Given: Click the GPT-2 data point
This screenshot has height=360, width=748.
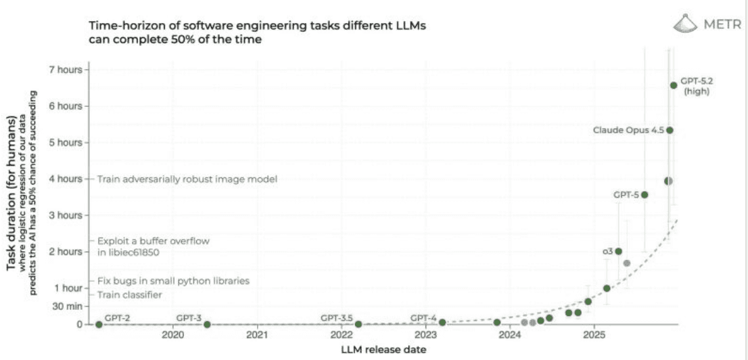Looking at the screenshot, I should click(99, 324).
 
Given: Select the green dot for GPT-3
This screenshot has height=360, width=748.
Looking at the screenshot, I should click(207, 324).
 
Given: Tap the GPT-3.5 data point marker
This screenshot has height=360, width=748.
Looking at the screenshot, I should click(358, 324).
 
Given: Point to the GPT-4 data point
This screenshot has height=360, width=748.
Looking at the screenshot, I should click(442, 323).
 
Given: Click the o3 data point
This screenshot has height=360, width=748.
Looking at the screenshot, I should click(618, 251).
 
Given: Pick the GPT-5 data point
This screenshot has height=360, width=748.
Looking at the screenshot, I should click(645, 195).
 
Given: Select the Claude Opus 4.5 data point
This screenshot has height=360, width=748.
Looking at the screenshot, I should click(670, 130).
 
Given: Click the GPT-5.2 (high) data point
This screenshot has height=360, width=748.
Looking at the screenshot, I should click(674, 85).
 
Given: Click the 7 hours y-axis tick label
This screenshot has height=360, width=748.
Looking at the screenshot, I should click(67, 69).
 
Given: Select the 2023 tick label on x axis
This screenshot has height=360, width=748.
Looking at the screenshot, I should click(426, 336).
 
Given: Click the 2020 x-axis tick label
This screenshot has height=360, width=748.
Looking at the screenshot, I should click(173, 336).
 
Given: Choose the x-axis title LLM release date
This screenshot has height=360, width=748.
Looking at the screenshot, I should click(384, 349).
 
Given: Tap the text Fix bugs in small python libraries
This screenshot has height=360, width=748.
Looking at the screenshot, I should click(174, 280).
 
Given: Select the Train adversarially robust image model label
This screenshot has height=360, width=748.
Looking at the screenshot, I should click(187, 179).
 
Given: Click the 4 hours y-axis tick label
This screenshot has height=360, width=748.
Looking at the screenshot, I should click(67, 179).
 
